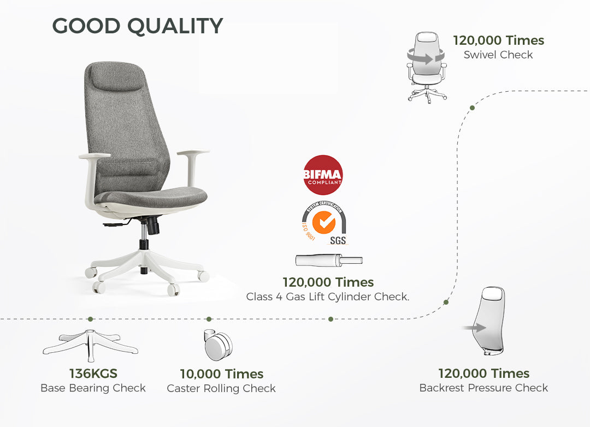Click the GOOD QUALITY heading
(x=138, y=26)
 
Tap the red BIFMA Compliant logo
(x=323, y=175)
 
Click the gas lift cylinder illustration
(x=329, y=260)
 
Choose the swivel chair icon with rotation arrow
(x=427, y=67)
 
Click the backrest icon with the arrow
(x=485, y=321)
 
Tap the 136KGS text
(x=93, y=373)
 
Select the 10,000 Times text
(x=222, y=374)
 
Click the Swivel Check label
(x=498, y=55)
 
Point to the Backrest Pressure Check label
(x=483, y=388)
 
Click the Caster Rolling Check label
(x=221, y=388)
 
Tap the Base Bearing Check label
(x=93, y=388)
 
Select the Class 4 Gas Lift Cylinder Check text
(x=328, y=297)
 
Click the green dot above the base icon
(x=90, y=319)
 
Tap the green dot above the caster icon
(x=209, y=319)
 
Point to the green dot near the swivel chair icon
(x=472, y=108)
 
